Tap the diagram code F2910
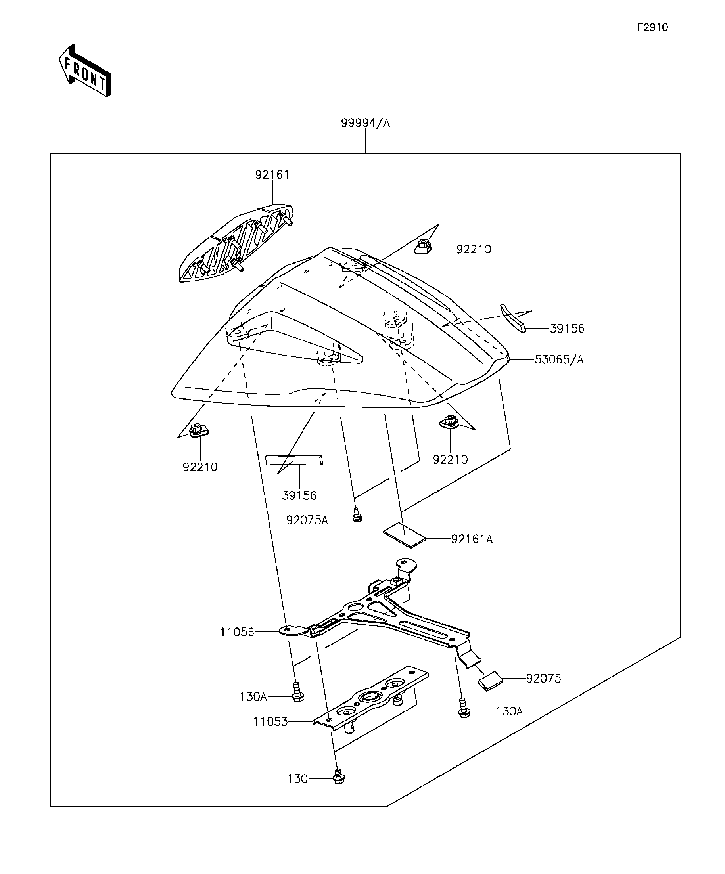click(x=652, y=27)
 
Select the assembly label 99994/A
click(x=365, y=123)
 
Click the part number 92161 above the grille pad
click(x=272, y=175)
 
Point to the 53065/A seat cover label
click(x=559, y=360)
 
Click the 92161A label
click(x=472, y=539)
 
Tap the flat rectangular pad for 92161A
click(x=405, y=535)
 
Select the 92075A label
click(x=307, y=520)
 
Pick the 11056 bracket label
click(x=237, y=632)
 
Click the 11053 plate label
click(x=270, y=722)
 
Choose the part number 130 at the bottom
click(x=297, y=779)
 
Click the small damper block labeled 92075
click(x=490, y=681)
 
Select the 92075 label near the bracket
click(x=543, y=679)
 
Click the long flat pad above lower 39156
click(x=294, y=460)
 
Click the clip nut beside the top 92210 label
click(x=423, y=247)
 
